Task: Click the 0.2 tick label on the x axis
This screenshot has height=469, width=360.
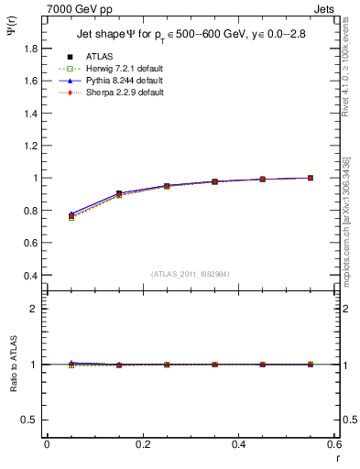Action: coord(142,443)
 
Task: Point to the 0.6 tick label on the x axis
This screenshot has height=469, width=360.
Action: coord(334,443)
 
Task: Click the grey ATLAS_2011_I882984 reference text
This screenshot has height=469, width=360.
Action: coord(191,273)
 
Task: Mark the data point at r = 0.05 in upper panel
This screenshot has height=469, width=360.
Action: coord(71,216)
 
